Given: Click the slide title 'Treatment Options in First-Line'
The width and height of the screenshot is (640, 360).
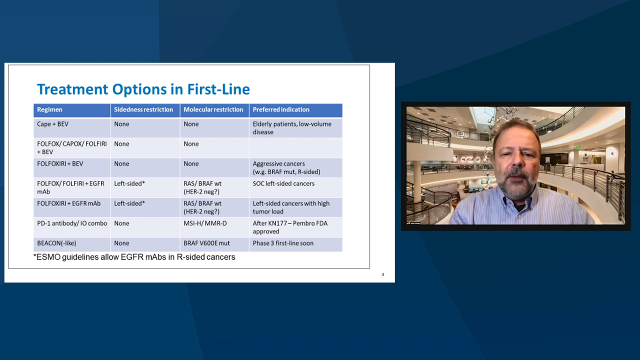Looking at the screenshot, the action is coord(143,89).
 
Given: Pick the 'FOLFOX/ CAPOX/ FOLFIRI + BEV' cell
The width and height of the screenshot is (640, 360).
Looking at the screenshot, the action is coord(71,147).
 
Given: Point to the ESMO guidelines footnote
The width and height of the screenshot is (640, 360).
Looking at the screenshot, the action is coord(134,257).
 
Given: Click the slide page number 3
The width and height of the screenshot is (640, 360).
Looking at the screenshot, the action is coord(382,274).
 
